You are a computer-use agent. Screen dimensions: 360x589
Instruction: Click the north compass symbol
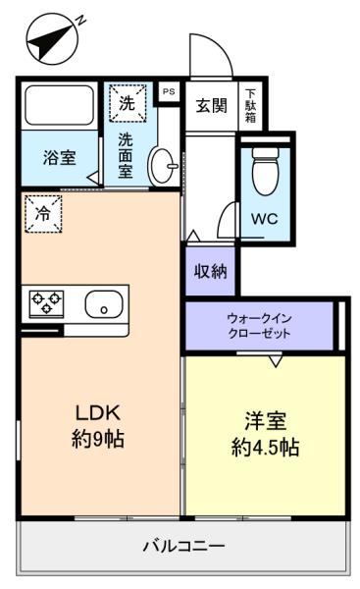pyautogui.click(x=53, y=38)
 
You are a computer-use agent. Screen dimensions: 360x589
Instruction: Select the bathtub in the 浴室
pyautogui.click(x=59, y=106)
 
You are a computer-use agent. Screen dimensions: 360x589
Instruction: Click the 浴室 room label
pyautogui.click(x=59, y=157)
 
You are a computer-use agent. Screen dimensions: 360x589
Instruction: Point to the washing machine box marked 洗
pyautogui.click(x=128, y=103)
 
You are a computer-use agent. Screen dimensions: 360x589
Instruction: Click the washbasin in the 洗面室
pyautogui.click(x=164, y=166)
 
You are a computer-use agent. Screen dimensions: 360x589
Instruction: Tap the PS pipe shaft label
pyautogui.click(x=169, y=91)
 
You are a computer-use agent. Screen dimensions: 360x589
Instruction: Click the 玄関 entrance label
pyautogui.click(x=211, y=106)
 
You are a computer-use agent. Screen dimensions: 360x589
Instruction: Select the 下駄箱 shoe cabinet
pyautogui.click(x=250, y=106)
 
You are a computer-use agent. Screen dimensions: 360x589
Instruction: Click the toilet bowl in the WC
pyautogui.click(x=266, y=171)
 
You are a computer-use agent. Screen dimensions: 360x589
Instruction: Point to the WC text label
pyautogui.click(x=265, y=219)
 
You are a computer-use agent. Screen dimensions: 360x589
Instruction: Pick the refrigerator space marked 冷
pyautogui.click(x=43, y=214)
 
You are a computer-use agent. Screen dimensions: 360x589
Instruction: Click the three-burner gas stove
pyautogui.click(x=46, y=303)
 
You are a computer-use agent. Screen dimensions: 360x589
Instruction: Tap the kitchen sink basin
pyautogui.click(x=104, y=304)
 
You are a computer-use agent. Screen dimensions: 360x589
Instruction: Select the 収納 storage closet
pyautogui.click(x=210, y=271)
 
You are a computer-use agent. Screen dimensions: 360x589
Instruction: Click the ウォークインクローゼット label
pyautogui.click(x=259, y=326)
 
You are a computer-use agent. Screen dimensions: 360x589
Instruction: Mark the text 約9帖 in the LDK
pyautogui.click(x=98, y=439)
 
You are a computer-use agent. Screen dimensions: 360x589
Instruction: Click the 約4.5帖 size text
pyautogui.click(x=265, y=447)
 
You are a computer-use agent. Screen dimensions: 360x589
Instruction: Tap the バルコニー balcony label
pyautogui.click(x=183, y=546)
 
